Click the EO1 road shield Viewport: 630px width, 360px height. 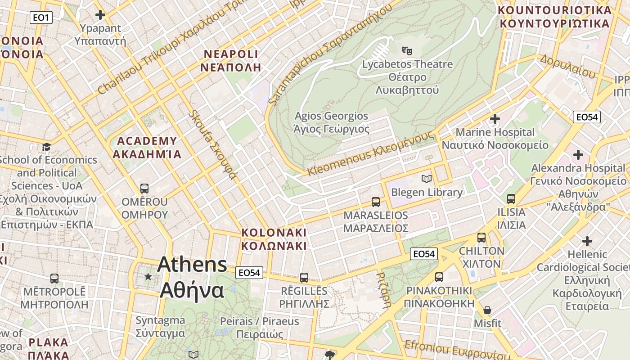tap(41, 18)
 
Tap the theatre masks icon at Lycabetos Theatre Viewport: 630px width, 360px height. tap(408, 50)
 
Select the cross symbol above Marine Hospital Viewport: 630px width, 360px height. tap(495, 119)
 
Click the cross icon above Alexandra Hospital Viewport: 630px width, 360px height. tap(578, 155)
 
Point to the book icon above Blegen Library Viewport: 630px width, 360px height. tap(427, 179)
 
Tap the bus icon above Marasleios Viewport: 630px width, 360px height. tap(376, 202)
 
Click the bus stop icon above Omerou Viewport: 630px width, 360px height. tap(144, 189)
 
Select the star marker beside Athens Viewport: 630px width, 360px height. tap(148, 276)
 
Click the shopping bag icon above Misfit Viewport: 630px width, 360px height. tap(487, 310)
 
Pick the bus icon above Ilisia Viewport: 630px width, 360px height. tap(511, 199)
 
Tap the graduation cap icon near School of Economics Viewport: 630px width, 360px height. tap(46, 147)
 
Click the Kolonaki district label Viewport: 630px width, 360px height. tap(274, 239)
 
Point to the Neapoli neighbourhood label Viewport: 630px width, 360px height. tap(232, 61)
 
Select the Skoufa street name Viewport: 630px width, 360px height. tap(213, 144)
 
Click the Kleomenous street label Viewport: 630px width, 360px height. tap(371, 153)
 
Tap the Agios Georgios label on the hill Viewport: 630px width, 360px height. tap(331, 122)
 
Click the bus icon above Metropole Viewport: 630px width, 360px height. tap(54, 279)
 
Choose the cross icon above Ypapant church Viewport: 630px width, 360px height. tap(100, 15)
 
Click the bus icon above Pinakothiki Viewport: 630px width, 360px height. tap(439, 277)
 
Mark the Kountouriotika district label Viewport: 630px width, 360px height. tap(554, 17)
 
